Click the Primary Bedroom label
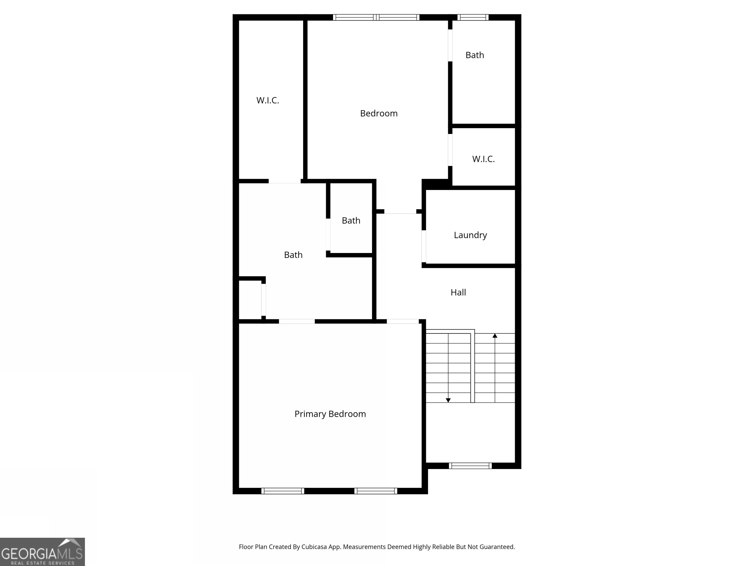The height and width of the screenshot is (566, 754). pos(330,414)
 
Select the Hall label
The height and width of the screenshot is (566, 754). pos(458,292)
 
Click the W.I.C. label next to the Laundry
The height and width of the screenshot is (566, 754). pos(483,159)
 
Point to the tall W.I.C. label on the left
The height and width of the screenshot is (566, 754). pos(268,100)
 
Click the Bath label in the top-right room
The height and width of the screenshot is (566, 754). pos(474,55)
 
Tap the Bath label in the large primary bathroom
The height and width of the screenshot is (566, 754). pos(293,255)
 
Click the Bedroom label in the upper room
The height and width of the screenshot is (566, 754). pos(379,113)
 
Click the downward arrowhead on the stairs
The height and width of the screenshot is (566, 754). pos(448,400)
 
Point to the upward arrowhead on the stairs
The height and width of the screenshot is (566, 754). pos(495,336)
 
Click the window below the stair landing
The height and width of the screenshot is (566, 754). pos(470,466)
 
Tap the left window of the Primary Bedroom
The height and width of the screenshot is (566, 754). pos(283,491)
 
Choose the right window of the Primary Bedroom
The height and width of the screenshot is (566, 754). pos(376,491)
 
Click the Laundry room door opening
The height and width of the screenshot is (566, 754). pos(424,246)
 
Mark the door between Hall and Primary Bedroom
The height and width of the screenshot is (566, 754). pos(403,321)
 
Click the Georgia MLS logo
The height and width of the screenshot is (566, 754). pos(42,552)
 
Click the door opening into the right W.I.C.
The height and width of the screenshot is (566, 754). pos(450,150)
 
